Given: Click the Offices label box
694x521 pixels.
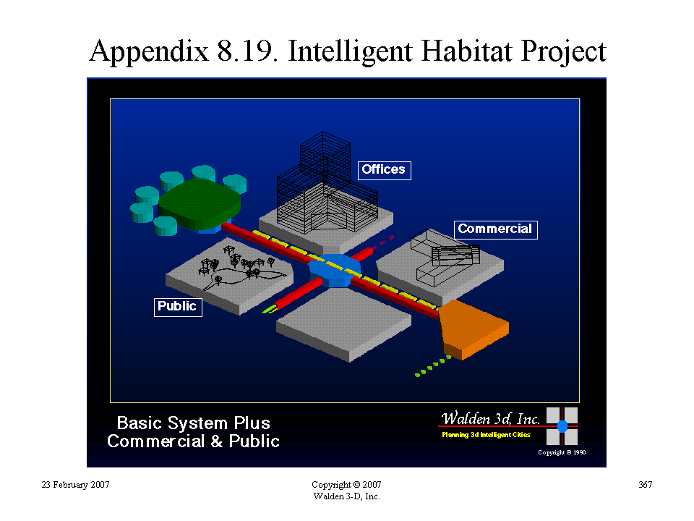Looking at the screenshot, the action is tap(384, 171).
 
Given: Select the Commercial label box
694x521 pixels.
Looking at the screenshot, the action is tap(496, 230).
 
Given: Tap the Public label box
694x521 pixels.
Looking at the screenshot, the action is tap(178, 307).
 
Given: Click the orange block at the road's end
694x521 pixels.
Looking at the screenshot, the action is tap(473, 329).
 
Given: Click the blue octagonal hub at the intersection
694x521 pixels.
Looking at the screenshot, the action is tap(335, 270).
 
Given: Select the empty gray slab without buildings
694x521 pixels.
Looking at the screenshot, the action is tap(343, 323).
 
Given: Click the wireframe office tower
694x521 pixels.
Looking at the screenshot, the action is tap(327, 184).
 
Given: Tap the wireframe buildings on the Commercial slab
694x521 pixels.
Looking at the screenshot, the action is tap(445, 256).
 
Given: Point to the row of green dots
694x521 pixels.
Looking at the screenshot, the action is tap(432, 366).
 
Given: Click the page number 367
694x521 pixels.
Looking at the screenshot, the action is tap(646, 485).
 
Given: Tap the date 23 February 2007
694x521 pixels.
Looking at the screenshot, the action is tap(75, 485).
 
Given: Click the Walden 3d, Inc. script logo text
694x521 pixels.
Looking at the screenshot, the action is tap(490, 418).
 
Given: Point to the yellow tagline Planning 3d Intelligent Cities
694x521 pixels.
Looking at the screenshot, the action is tap(486, 435).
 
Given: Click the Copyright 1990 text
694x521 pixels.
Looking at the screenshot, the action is tap(562, 452).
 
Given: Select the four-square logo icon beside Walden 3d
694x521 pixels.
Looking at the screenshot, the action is tap(562, 426).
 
